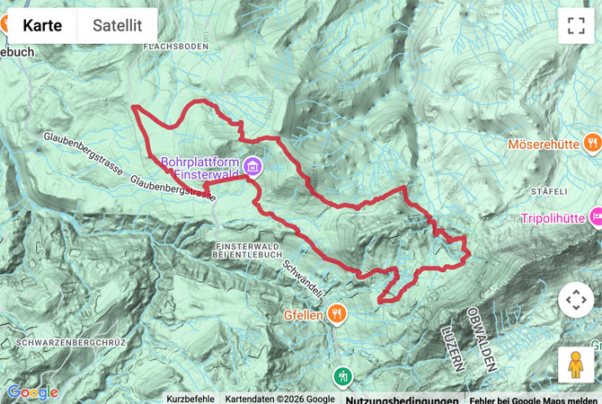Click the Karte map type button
click(42, 25)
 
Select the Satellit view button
click(117, 25)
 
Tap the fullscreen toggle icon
click(576, 25)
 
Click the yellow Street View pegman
click(576, 364)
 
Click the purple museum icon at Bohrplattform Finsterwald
click(252, 165)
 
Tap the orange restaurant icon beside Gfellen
click(336, 313)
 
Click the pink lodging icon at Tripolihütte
click(594, 216)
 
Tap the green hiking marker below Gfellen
click(341, 375)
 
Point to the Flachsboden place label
click(175, 45)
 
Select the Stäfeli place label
click(550, 191)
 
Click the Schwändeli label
click(302, 275)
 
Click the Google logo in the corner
click(31, 392)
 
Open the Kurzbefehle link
click(190, 399)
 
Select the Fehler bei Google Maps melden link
click(533, 399)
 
